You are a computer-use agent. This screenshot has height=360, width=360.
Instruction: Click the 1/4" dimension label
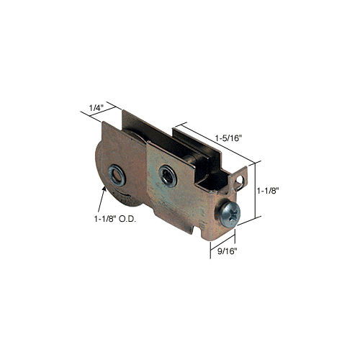click(x=96, y=108)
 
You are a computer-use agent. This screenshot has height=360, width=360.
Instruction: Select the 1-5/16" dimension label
click(x=228, y=138)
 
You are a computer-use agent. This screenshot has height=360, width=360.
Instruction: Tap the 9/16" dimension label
click(x=227, y=251)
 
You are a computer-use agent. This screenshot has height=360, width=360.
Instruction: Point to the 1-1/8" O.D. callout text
click(x=114, y=219)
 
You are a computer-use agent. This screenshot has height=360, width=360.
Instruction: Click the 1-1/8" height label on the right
click(x=268, y=191)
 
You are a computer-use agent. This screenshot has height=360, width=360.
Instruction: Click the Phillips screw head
click(x=230, y=215)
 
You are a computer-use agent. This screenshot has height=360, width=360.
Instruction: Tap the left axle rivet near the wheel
click(x=117, y=176)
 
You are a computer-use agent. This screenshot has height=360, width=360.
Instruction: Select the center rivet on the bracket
click(x=168, y=176)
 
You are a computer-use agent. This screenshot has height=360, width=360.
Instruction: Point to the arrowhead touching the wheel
click(x=104, y=189)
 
